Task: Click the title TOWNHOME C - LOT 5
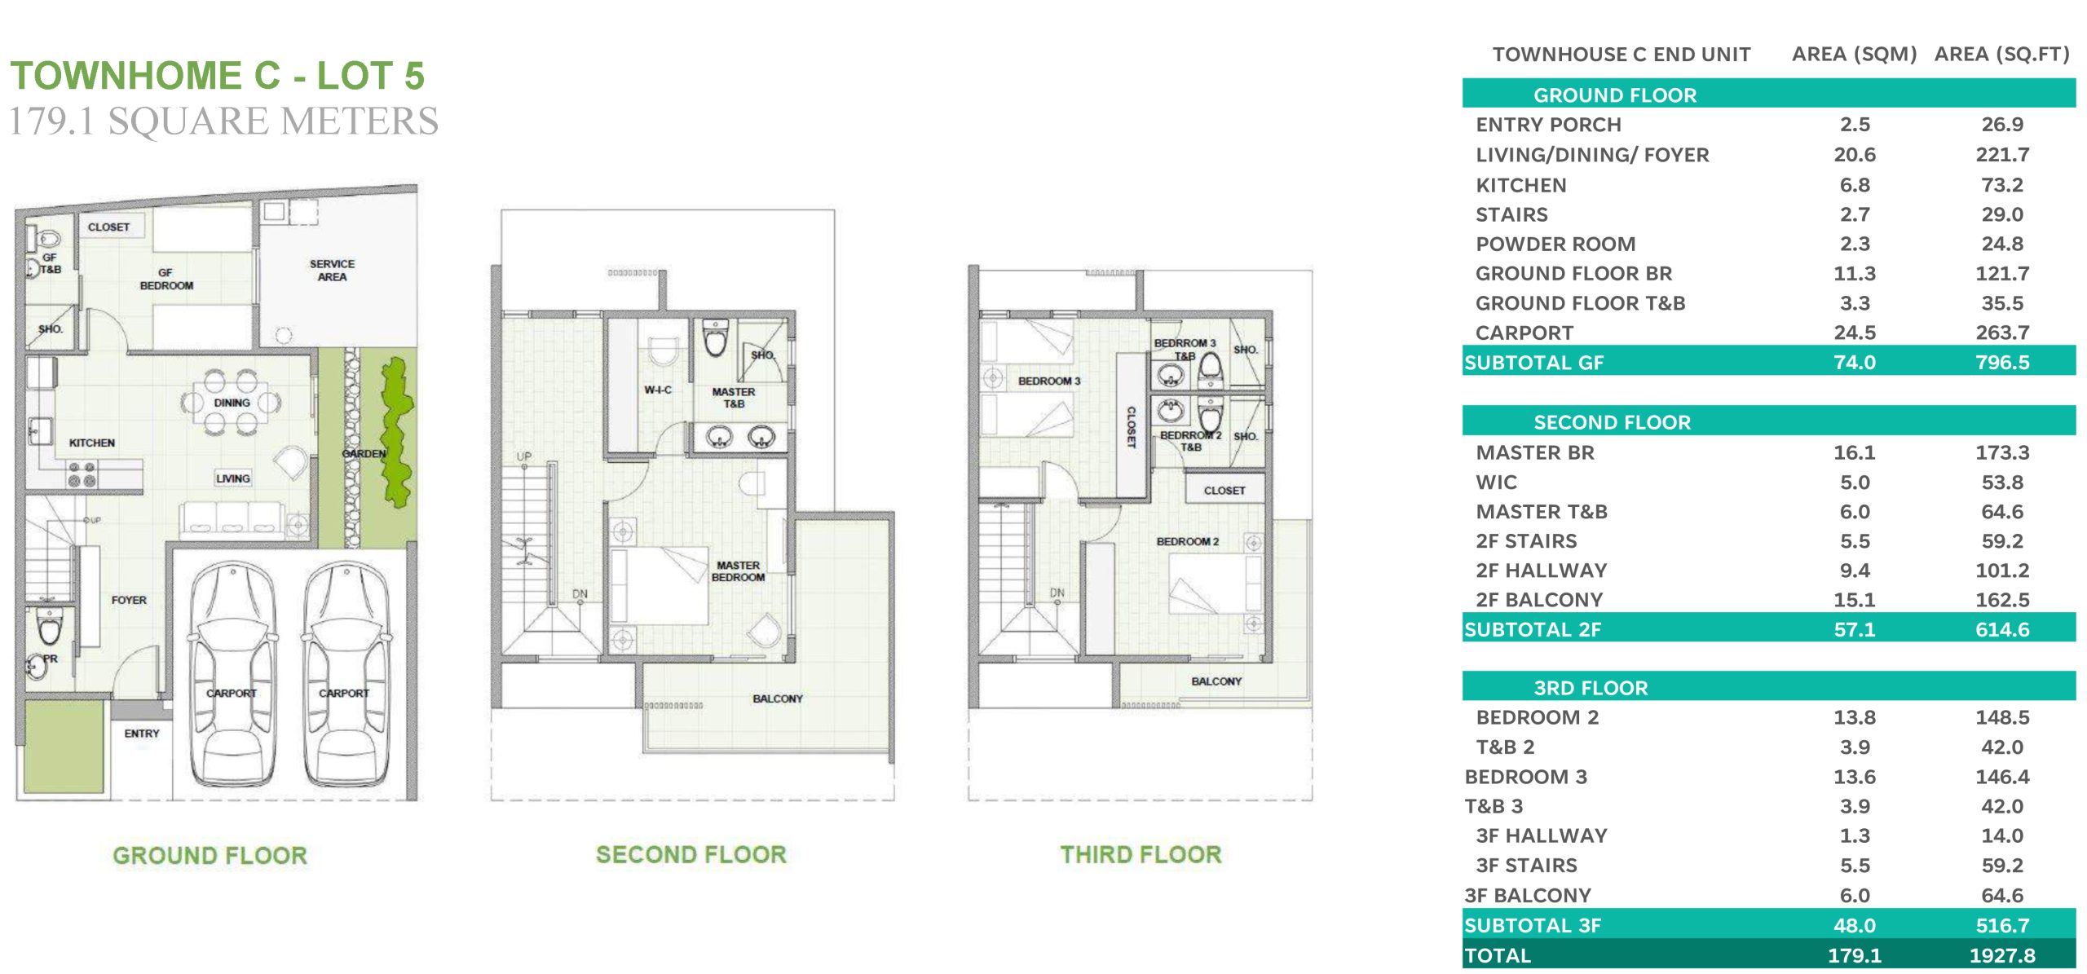tap(218, 76)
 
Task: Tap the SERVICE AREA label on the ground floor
tap(332, 271)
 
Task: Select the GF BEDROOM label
tap(166, 280)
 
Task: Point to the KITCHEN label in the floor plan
tap(92, 443)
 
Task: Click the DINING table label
tap(232, 403)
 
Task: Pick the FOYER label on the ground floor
tap(129, 600)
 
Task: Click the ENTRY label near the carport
tap(142, 734)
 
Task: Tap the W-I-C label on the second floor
tap(658, 390)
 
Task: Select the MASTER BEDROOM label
tap(738, 571)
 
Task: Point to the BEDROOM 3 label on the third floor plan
tap(1049, 381)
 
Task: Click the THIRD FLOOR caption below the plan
tap(1141, 854)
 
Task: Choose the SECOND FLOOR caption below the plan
tap(691, 854)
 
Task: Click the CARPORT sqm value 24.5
tap(1855, 333)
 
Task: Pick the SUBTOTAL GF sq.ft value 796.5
tap(2002, 362)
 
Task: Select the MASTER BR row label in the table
tap(1535, 452)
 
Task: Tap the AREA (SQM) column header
tap(1854, 54)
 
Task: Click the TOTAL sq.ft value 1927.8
tap(2002, 955)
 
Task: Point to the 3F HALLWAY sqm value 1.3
tap(1855, 835)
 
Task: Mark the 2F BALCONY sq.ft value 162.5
tap(2002, 600)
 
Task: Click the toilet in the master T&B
tap(715, 338)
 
